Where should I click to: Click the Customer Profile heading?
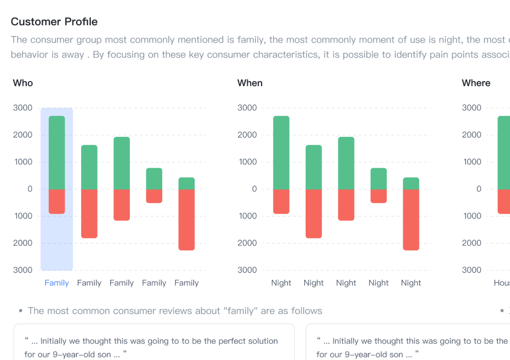pyautogui.click(x=54, y=22)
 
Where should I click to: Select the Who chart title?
pyautogui.click(x=22, y=83)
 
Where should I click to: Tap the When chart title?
pyautogui.click(x=250, y=83)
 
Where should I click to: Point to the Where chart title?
pyautogui.click(x=476, y=83)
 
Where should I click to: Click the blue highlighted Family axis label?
pyautogui.click(x=57, y=283)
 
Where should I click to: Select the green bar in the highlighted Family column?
pyautogui.click(x=57, y=152)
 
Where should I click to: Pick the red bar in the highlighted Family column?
pyautogui.click(x=57, y=202)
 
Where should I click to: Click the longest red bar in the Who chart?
pyautogui.click(x=187, y=219)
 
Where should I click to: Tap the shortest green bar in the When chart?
pyautogui.click(x=411, y=183)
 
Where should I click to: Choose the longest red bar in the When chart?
pyautogui.click(x=411, y=219)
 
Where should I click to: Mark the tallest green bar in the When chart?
pyautogui.click(x=281, y=152)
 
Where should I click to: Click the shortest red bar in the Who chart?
pyautogui.click(x=154, y=196)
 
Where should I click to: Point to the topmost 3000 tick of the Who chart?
pyautogui.click(x=23, y=108)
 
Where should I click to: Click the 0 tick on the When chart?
pyautogui.click(x=255, y=189)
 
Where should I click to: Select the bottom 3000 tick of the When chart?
pyautogui.click(x=247, y=270)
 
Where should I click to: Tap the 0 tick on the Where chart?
pyautogui.click(x=479, y=189)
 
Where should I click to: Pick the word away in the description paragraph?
pyautogui.click(x=73, y=54)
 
